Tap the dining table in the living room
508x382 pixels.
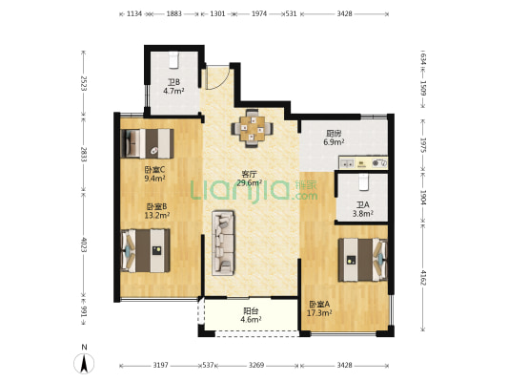click(x=252, y=129)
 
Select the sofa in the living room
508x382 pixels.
click(x=223, y=244)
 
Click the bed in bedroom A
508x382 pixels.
click(x=363, y=260)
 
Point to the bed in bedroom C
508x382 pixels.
click(x=147, y=143)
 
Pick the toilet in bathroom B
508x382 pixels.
click(x=174, y=60)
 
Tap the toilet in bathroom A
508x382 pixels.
click(x=364, y=182)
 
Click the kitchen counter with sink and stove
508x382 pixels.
click(x=363, y=162)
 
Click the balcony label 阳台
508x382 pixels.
click(x=251, y=311)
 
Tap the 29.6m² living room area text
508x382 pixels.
click(x=249, y=183)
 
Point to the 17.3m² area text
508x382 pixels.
click(x=319, y=313)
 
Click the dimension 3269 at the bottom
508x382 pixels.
click(x=256, y=366)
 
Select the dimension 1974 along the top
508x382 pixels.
click(x=259, y=13)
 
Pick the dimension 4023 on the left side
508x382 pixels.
click(x=84, y=244)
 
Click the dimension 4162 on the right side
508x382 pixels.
click(x=423, y=277)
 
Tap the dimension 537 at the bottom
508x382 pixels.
click(x=208, y=366)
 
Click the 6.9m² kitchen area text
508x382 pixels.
click(x=334, y=142)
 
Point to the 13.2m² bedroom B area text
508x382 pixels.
click(x=157, y=215)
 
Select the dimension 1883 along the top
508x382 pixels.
click(x=174, y=13)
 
